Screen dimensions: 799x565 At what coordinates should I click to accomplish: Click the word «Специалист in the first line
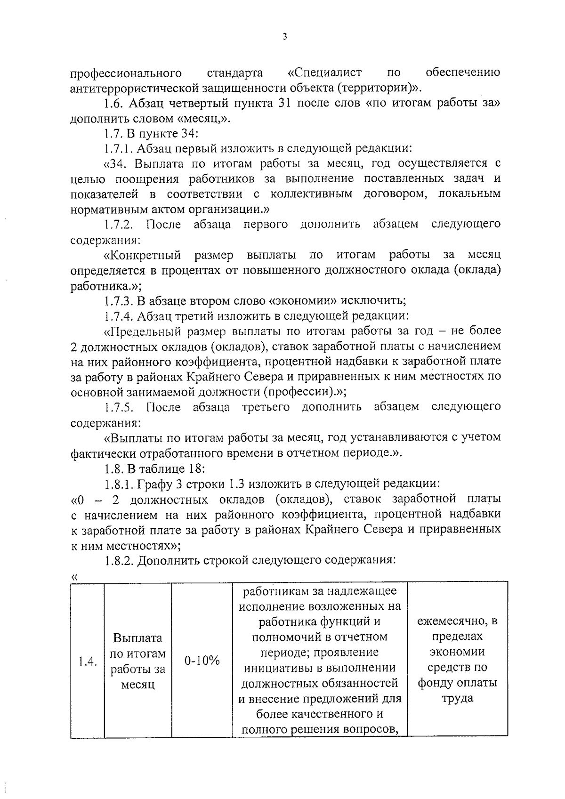[x=324, y=73]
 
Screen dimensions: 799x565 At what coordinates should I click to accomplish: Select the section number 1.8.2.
[x=119, y=560]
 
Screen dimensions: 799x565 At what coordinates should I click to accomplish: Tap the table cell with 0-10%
[x=202, y=661]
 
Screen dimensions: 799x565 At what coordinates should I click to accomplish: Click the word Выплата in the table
[x=137, y=638]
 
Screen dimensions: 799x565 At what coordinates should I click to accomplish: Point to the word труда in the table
[x=457, y=698]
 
